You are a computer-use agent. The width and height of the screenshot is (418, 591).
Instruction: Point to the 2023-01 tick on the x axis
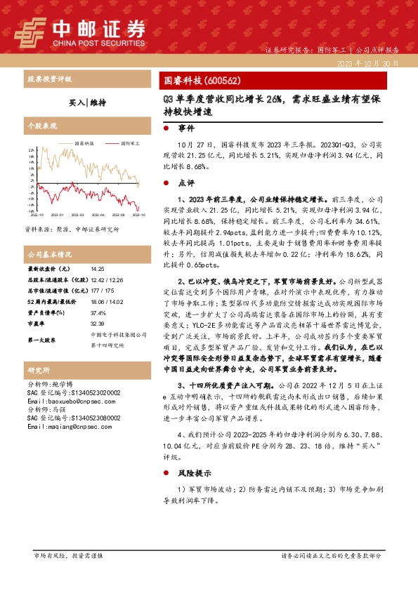click(x=57, y=215)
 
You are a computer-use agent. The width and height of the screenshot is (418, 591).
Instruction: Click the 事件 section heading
click(x=186, y=129)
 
